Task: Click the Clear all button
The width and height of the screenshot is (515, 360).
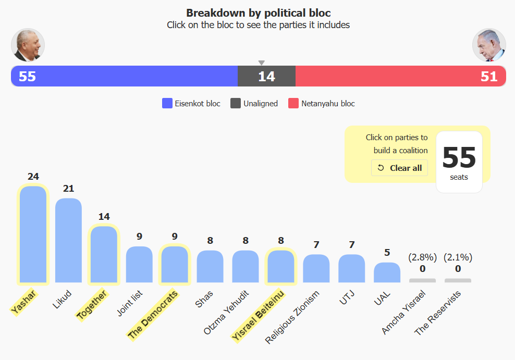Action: (x=399, y=168)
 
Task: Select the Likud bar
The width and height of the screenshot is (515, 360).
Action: (x=68, y=240)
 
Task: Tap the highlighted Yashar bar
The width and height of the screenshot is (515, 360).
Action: (x=33, y=234)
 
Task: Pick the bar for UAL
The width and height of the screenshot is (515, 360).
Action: (x=387, y=272)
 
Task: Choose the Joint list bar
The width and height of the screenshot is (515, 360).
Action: (x=139, y=264)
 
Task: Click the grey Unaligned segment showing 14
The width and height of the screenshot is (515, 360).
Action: (x=266, y=76)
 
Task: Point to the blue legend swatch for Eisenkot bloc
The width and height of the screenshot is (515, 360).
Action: (x=167, y=103)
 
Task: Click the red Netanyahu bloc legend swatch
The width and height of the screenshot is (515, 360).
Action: (x=293, y=103)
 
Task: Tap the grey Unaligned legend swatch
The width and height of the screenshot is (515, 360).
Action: (x=236, y=103)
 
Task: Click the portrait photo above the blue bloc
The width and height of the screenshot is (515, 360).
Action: (x=28, y=45)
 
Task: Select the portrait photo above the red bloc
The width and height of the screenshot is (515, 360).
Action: (x=489, y=45)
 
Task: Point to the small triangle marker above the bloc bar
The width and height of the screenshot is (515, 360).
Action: (x=262, y=63)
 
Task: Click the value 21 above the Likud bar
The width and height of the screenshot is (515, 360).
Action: (x=68, y=189)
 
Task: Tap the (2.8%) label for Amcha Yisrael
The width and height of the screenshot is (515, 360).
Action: (x=422, y=257)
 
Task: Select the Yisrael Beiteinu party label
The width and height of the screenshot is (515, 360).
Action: (x=258, y=316)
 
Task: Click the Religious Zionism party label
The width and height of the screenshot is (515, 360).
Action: (x=292, y=317)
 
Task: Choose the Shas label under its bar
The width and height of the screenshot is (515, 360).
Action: (x=204, y=299)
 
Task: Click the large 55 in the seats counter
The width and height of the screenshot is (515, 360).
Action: (x=459, y=157)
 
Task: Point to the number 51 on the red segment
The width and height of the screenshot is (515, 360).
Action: (x=489, y=77)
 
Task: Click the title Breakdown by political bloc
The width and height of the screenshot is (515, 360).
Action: (x=258, y=13)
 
